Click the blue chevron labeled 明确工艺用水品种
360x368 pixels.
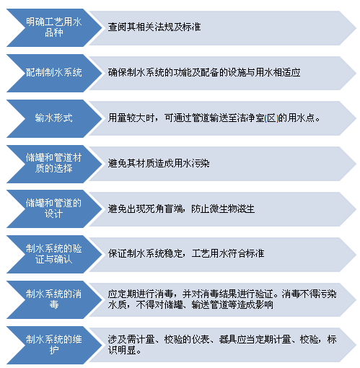click(54, 27)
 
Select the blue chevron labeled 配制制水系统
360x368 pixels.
click(54, 73)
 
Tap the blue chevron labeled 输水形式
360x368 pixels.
click(54, 118)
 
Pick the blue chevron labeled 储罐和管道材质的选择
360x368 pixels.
click(54, 164)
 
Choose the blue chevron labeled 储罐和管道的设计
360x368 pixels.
click(54, 209)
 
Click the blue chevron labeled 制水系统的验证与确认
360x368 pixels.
click(54, 254)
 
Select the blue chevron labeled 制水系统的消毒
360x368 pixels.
click(54, 299)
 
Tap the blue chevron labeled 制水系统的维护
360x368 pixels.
click(54, 345)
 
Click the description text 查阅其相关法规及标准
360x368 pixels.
click(154, 27)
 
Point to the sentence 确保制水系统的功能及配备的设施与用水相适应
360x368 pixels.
click(204, 72)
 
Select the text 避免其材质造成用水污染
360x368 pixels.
click(159, 164)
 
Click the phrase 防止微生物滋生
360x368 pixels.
click(223, 209)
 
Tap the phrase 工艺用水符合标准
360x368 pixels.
click(228, 253)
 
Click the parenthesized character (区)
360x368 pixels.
click(271, 118)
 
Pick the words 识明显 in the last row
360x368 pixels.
click(122, 350)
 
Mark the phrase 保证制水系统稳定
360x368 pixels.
click(145, 253)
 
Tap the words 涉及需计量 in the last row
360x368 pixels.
click(131, 339)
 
